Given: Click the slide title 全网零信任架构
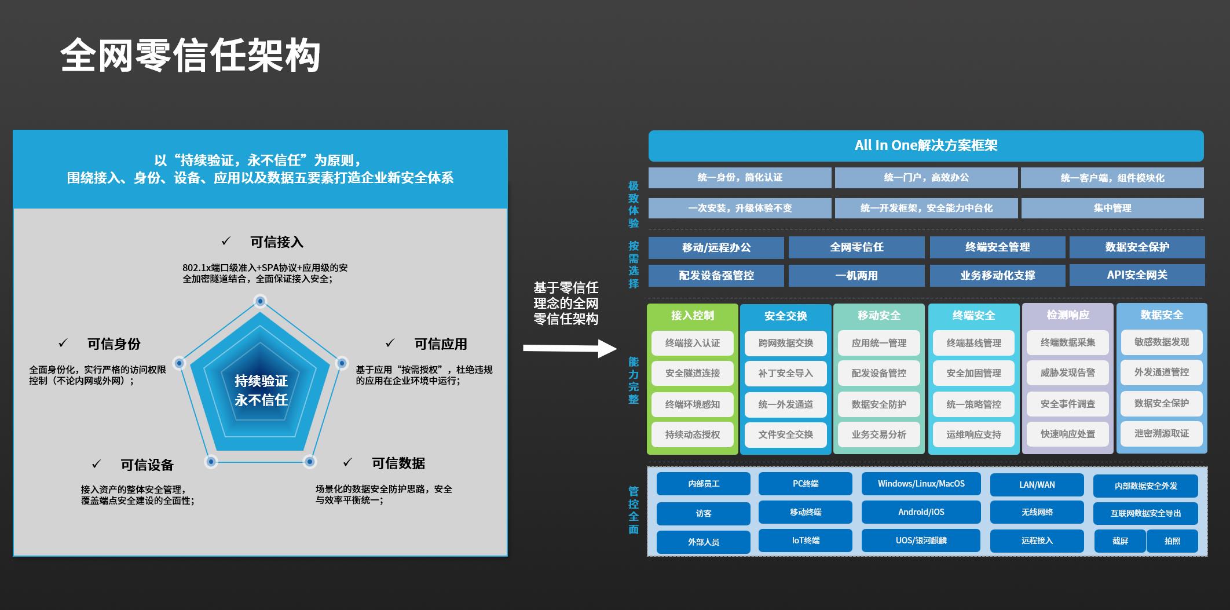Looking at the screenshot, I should tap(190, 57).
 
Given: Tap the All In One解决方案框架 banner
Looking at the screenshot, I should tap(925, 145).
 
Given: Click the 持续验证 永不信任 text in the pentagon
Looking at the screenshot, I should tap(261, 390).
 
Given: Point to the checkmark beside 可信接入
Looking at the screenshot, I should tap(226, 241).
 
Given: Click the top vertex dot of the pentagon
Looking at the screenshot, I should tap(261, 301).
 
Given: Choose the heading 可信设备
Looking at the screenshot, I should tap(147, 465).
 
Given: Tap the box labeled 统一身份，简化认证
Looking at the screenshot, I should tap(740, 178).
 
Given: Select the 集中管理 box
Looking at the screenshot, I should tap(1112, 208).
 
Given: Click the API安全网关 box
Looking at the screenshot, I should tap(1137, 275).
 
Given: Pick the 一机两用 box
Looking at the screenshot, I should tap(856, 276).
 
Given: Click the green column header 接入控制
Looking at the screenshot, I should tap(692, 316).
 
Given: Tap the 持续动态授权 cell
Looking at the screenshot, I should tap(692, 434).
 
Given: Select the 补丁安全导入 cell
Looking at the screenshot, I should tap(785, 374).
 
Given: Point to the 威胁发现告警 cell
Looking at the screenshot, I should tap(1067, 373).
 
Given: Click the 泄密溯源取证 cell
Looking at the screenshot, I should tap(1161, 433).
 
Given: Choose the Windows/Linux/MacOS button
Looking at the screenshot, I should tap(921, 484).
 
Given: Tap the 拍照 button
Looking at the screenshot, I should tap(1172, 541).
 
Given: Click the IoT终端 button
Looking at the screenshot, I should tap(805, 540).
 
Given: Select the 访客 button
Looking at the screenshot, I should tap(703, 513).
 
